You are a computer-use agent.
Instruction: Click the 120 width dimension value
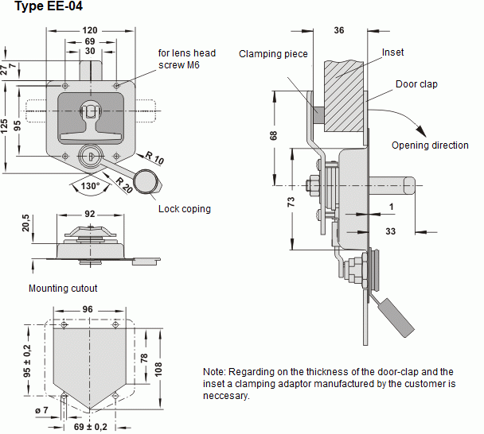click(89, 30)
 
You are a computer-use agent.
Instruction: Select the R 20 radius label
click(123, 184)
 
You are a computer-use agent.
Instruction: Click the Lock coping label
click(184, 209)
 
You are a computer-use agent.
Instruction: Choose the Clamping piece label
click(270, 54)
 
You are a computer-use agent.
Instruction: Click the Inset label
click(392, 52)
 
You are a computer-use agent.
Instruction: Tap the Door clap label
click(416, 84)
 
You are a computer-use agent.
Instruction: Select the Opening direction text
click(430, 145)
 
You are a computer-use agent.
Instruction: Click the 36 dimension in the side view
click(338, 31)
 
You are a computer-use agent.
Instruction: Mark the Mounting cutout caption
click(63, 289)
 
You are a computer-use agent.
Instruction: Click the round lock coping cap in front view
click(145, 181)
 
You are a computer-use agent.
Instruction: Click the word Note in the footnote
click(214, 372)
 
